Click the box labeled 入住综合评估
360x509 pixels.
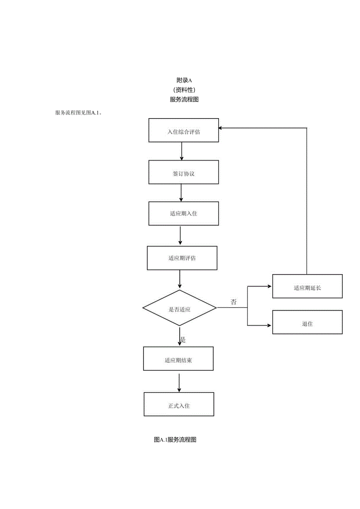tap(184, 130)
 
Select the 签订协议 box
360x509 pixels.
tap(184, 172)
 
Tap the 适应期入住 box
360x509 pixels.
tap(184, 214)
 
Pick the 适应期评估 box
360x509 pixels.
tap(182, 258)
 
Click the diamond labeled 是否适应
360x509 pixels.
tap(179, 308)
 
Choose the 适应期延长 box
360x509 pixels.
tap(307, 286)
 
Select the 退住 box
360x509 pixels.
tap(307, 322)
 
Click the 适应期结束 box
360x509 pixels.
tap(178, 358)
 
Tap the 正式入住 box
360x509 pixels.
tap(179, 404)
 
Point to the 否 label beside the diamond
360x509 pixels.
tap(234, 302)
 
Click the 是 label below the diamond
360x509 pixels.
tap(183, 340)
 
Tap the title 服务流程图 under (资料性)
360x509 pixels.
tap(184, 99)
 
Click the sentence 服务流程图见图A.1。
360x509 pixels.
tap(79, 113)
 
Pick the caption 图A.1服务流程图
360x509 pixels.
tap(175, 440)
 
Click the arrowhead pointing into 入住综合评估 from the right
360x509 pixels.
tap(221, 128)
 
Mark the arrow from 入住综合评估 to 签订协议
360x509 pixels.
tap(181, 151)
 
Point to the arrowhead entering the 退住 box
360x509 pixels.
tap(269, 326)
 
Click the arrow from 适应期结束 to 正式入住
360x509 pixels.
tap(179, 383)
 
